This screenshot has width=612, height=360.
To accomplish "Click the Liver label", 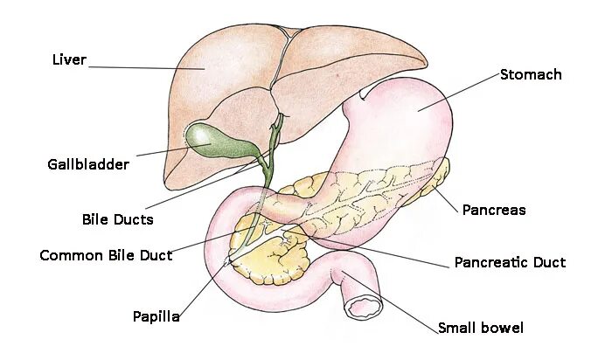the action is (69, 60).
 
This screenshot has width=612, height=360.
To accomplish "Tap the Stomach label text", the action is (531, 74).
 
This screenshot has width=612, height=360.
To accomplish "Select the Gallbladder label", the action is (87, 164).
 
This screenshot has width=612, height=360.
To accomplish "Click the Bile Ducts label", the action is (117, 219).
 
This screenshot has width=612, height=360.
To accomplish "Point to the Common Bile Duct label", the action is (106, 255).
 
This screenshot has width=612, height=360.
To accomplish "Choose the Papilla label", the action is (156, 316).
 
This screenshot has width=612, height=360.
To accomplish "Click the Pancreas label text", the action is (494, 210).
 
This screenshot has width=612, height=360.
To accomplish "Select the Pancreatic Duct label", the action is (510, 262).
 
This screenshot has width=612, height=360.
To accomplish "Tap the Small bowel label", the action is (481, 328).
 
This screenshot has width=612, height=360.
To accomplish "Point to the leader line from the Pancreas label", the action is (446, 197).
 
